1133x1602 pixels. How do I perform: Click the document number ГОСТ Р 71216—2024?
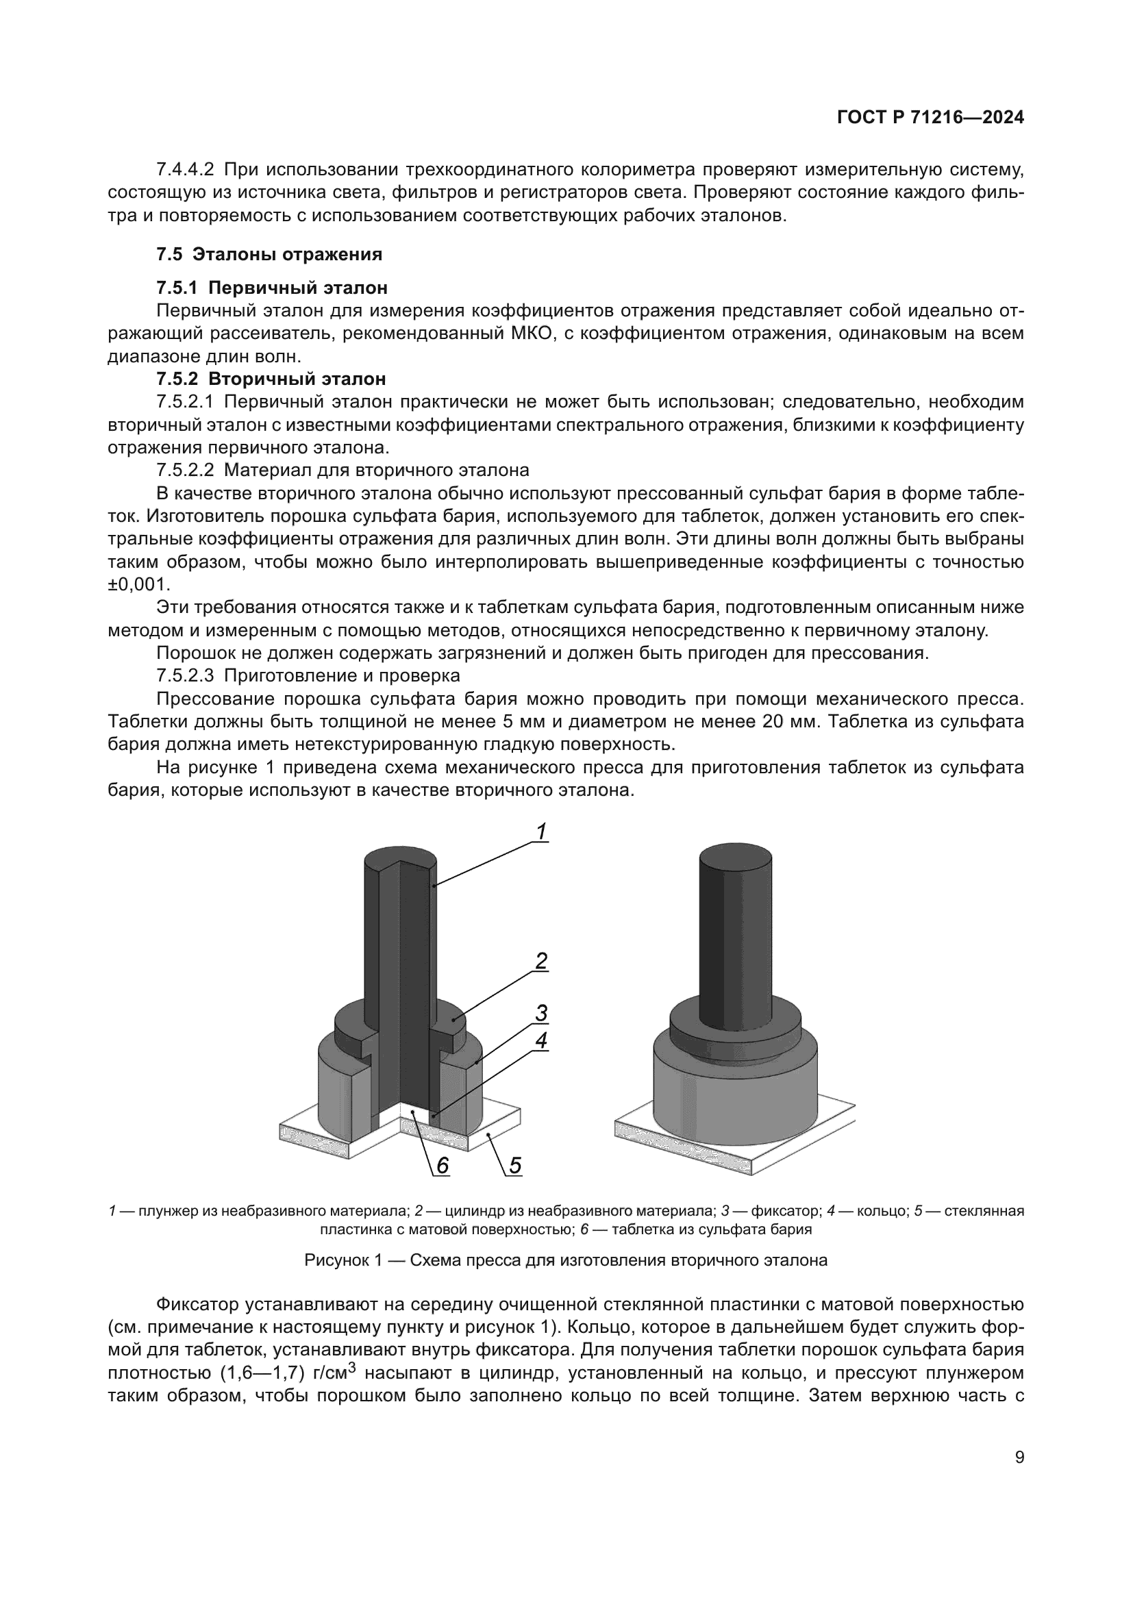930,117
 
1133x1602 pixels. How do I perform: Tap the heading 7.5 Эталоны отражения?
269,254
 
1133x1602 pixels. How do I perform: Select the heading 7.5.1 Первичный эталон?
271,288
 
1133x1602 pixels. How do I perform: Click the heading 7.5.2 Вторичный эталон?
271,379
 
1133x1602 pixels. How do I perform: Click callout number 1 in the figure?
540,831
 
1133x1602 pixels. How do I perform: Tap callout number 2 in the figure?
541,962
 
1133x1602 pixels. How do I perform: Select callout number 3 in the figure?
541,1012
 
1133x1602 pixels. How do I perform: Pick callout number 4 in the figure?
541,1040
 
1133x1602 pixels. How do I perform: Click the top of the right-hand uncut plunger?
735,857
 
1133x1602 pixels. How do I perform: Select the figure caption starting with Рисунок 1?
566,1260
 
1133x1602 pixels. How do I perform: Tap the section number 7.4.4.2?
185,170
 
